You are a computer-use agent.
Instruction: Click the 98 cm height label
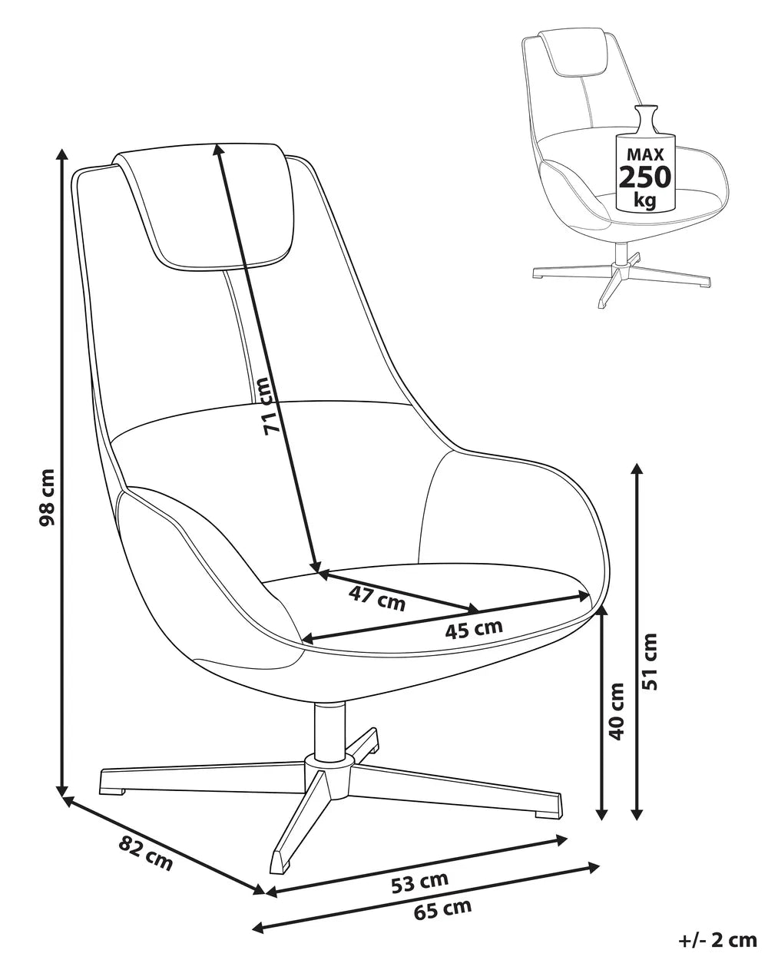tap(48, 498)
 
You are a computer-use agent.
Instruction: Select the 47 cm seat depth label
tap(376, 599)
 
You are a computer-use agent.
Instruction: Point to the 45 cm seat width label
tap(474, 629)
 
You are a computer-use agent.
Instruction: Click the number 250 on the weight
tap(644, 177)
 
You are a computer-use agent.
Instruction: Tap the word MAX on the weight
tap(645, 155)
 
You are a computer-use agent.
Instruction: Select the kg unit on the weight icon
tap(645, 200)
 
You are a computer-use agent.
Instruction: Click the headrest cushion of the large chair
tap(205, 207)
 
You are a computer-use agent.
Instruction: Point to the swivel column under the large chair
tap(329, 730)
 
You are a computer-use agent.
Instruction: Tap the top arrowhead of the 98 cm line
tap(62, 154)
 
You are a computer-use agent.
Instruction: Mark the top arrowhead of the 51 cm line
tap(637, 470)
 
